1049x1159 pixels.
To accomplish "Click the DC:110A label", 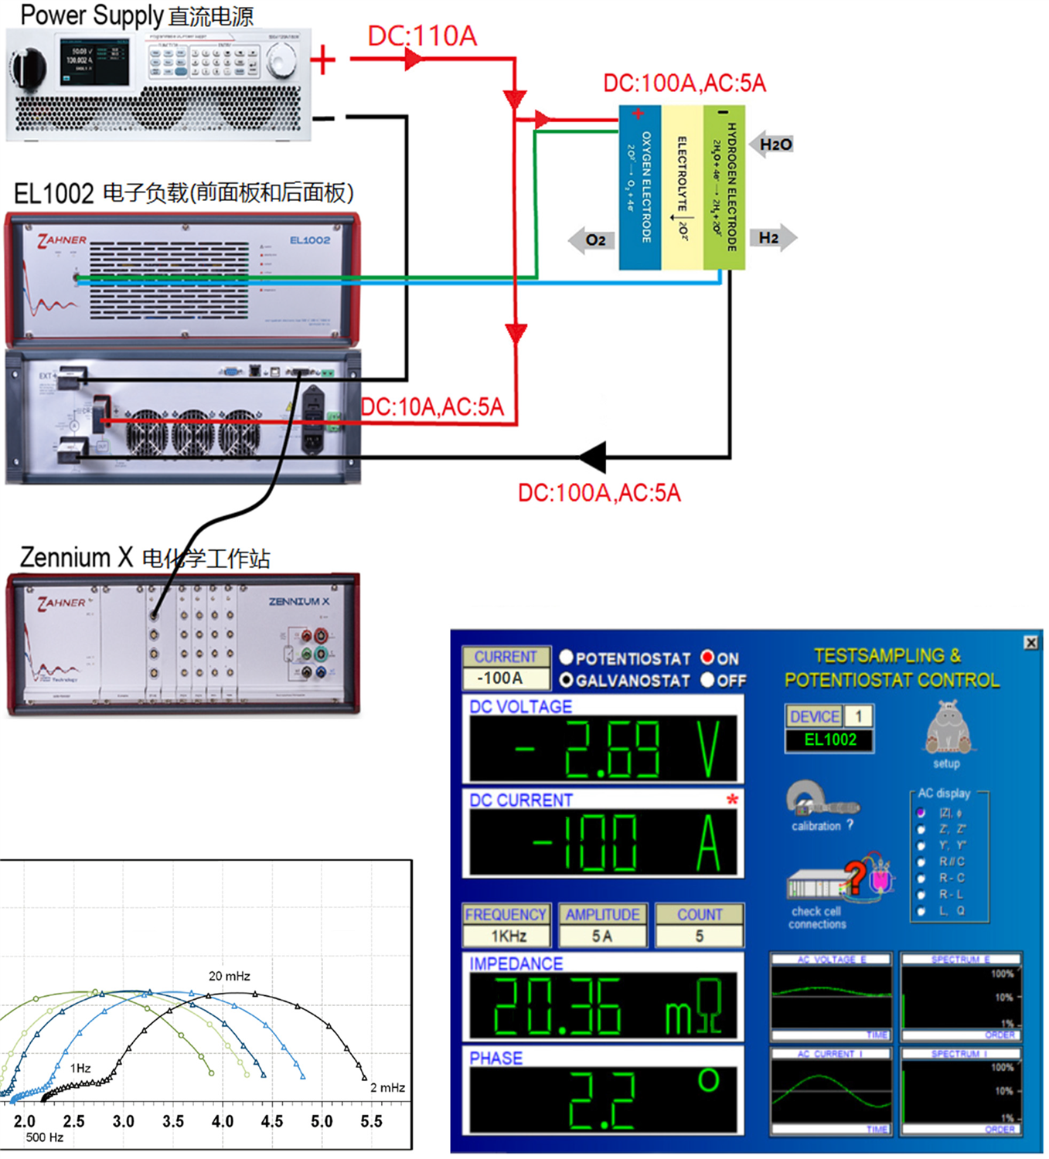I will [x=422, y=36].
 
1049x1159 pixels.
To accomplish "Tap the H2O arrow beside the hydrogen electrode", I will [x=771, y=144].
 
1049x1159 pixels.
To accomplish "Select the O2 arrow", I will [x=591, y=240].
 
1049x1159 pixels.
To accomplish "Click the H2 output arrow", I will [x=772, y=238].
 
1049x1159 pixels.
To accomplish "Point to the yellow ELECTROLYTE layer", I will [x=682, y=188].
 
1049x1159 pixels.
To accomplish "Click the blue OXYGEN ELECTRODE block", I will [x=640, y=188].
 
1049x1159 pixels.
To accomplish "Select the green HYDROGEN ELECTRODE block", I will [x=724, y=188].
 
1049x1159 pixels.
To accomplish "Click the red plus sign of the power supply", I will [x=323, y=59].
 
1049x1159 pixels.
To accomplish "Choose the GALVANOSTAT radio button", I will [x=567, y=680].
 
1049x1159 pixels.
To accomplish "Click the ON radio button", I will [x=707, y=658].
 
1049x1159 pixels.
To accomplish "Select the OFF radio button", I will [x=707, y=680].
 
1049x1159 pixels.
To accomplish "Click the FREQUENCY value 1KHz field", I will [x=507, y=936].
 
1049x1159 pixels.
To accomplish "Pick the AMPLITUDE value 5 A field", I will [x=602, y=936].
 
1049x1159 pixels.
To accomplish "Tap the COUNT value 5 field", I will [x=699, y=936].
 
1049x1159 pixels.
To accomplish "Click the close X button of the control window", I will [x=1030, y=642].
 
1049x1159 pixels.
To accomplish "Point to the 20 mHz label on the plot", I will [x=230, y=976].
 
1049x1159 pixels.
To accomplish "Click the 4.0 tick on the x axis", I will [x=223, y=1121].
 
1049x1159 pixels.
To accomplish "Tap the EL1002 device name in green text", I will [x=830, y=739].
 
